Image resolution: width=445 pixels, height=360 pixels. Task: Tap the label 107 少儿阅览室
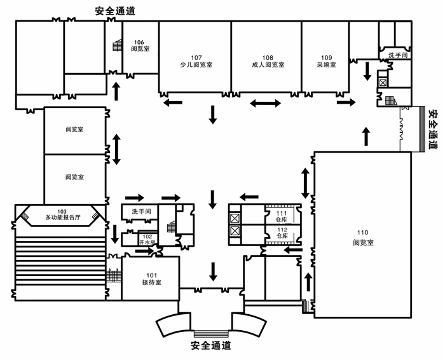click(x=195, y=60)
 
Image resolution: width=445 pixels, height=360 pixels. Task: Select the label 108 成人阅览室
click(x=267, y=60)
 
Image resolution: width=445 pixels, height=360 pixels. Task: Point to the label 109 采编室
click(x=325, y=60)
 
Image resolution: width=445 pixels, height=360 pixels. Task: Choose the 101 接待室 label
click(x=151, y=278)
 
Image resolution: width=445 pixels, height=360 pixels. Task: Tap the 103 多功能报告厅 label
click(x=62, y=214)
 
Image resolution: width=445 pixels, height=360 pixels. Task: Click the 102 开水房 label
click(x=147, y=239)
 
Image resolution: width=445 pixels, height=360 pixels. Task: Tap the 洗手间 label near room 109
click(x=397, y=56)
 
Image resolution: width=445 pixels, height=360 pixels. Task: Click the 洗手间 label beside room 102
click(x=140, y=211)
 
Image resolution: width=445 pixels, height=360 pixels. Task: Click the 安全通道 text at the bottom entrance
click(x=210, y=346)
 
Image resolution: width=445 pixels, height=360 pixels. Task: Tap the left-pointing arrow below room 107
click(x=172, y=102)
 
